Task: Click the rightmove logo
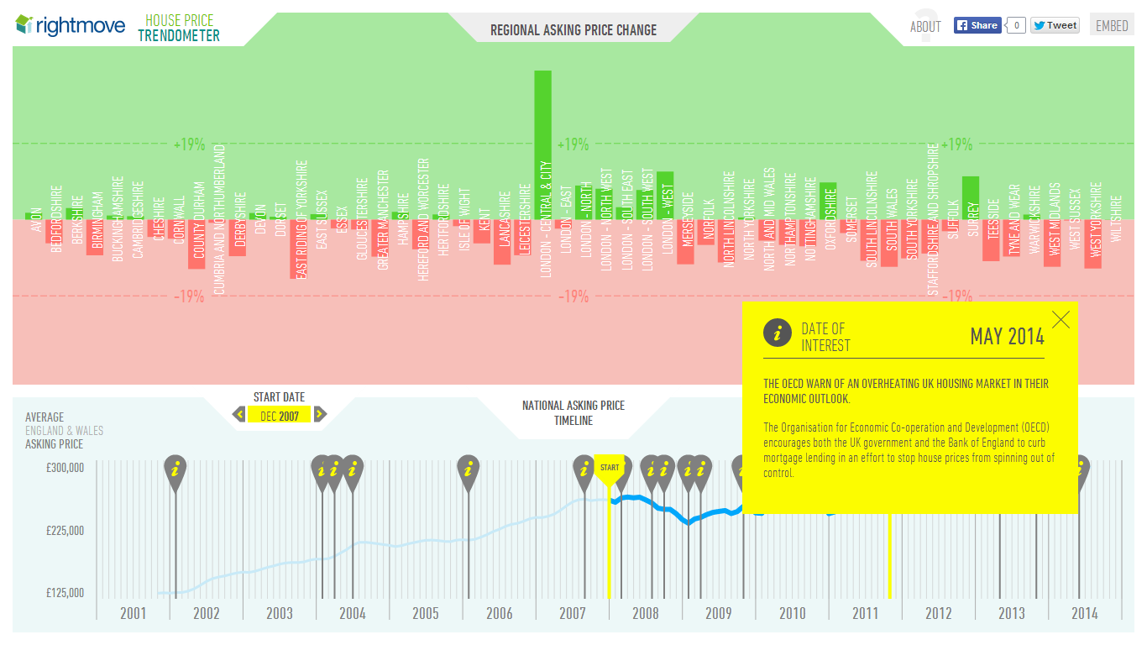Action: click(71, 25)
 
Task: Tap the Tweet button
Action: click(1055, 25)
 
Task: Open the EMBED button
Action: click(1112, 25)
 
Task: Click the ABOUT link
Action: click(925, 27)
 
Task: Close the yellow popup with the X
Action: click(1061, 319)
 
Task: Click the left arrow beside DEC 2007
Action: click(239, 414)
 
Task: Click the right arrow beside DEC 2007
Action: click(320, 414)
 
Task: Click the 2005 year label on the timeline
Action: click(426, 613)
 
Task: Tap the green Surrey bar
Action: click(971, 198)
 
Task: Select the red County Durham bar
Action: click(196, 244)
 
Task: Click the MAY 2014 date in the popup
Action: click(1008, 337)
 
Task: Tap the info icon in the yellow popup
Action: click(778, 333)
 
